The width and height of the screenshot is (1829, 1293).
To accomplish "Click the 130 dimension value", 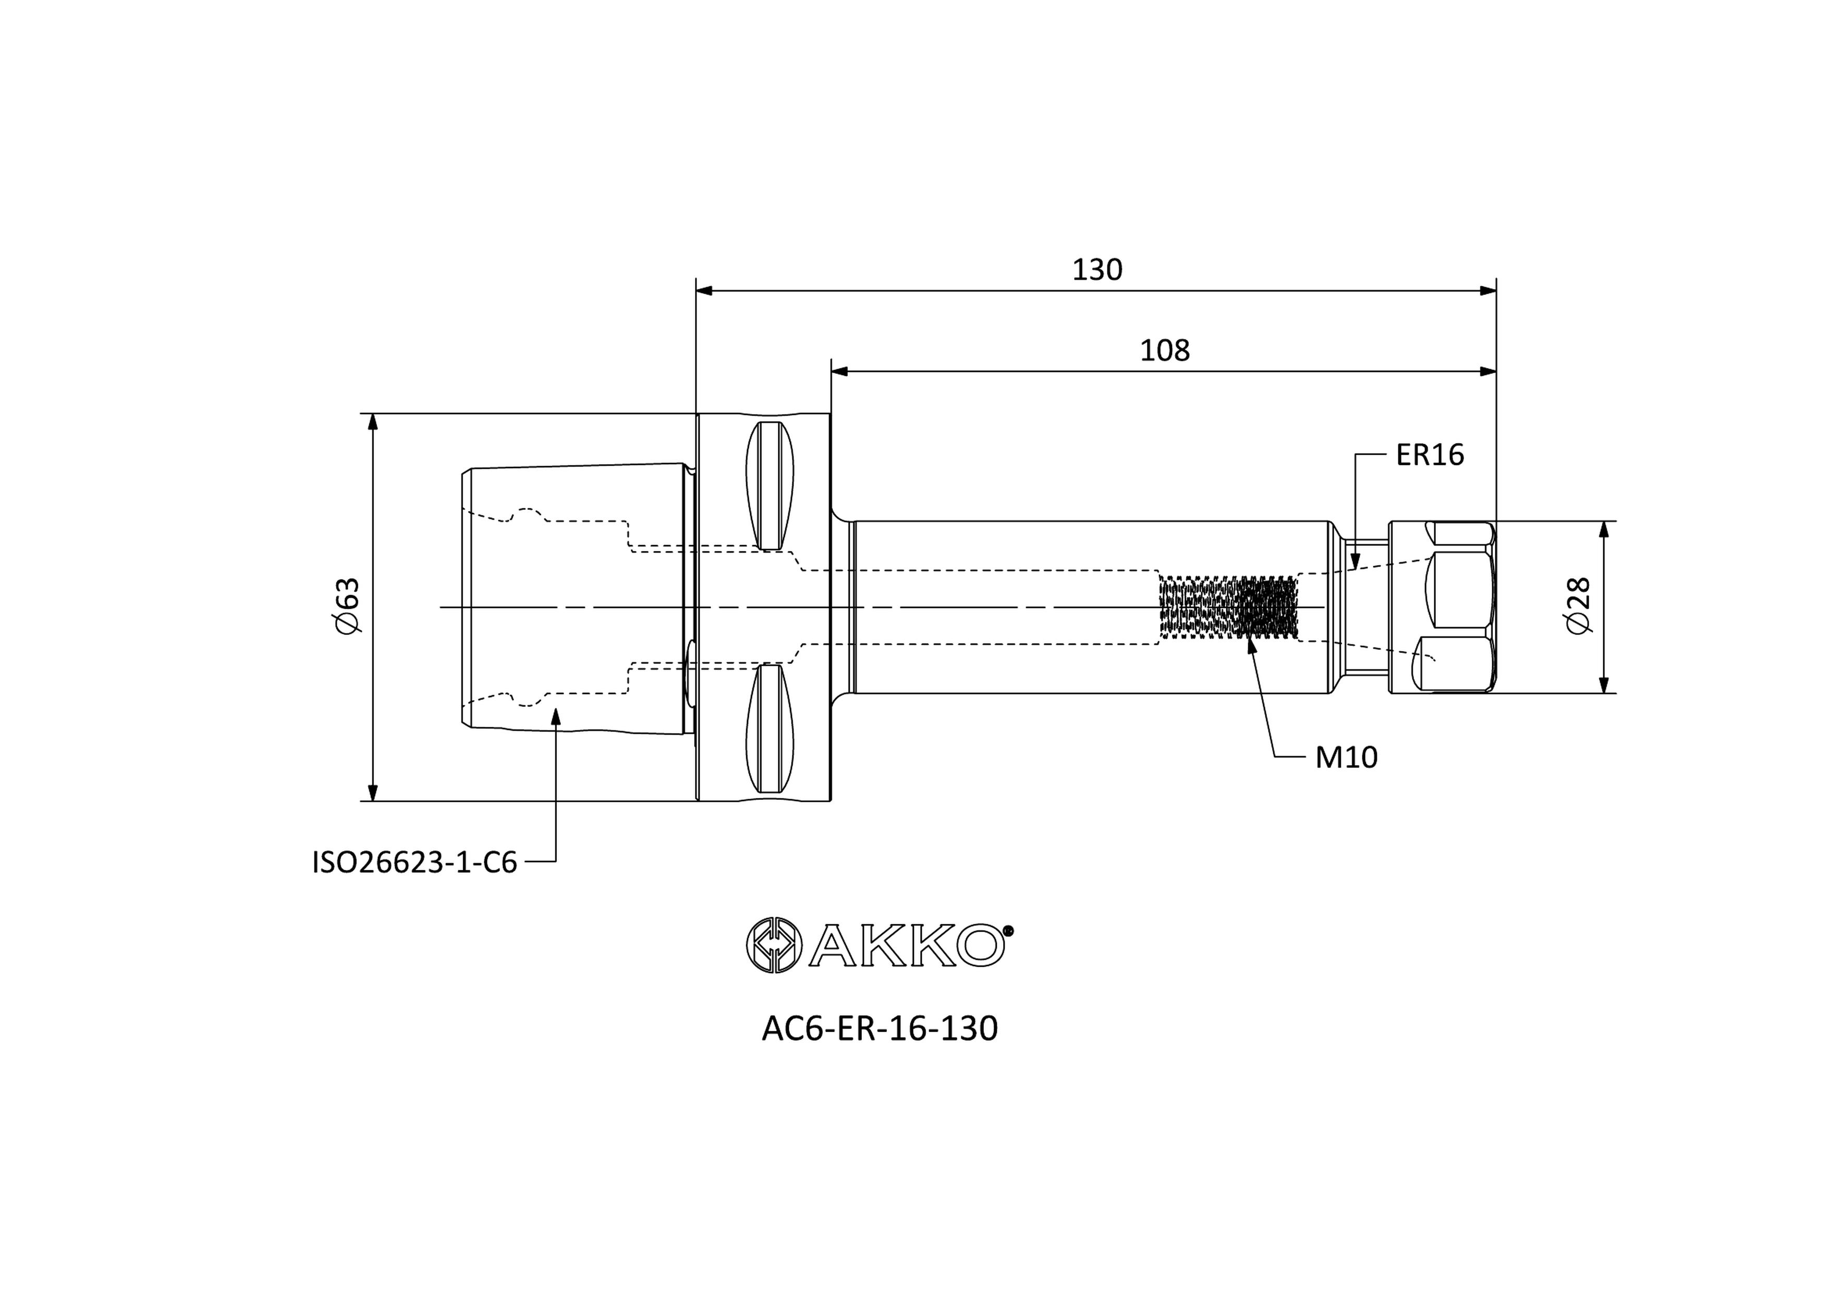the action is [x=1097, y=270].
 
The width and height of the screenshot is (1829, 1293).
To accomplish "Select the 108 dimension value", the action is [x=1165, y=350].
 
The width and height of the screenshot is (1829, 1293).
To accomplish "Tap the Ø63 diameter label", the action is [x=348, y=606].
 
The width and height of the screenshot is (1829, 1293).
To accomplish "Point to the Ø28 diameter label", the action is [x=1578, y=606].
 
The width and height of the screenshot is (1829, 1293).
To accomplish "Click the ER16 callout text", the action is [x=1430, y=455].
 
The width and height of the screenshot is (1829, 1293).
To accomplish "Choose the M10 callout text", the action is [x=1346, y=758].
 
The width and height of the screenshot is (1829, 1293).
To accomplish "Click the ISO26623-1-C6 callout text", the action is [x=414, y=862].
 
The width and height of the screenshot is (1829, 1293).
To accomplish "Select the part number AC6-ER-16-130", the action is [x=880, y=1029].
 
